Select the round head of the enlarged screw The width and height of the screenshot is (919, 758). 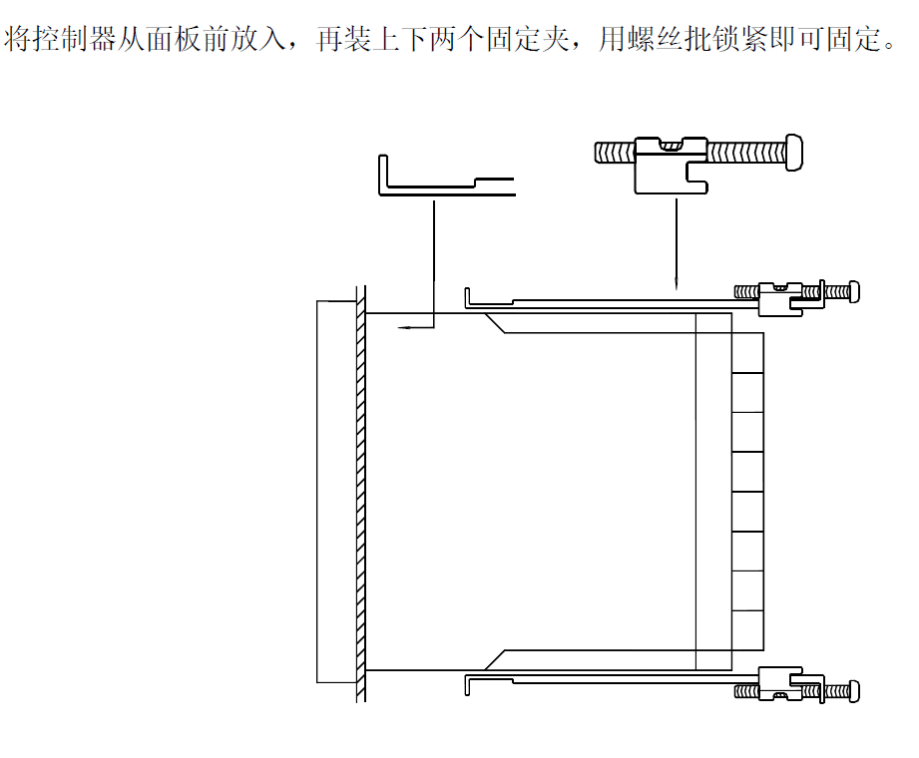(x=796, y=152)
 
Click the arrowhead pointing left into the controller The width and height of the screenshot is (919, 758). (x=401, y=326)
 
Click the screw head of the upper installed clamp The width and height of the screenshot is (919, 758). (x=852, y=291)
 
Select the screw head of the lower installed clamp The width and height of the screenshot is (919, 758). (x=852, y=690)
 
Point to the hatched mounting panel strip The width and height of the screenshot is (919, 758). (x=361, y=489)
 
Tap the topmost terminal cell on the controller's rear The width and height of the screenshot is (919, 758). (x=748, y=353)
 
